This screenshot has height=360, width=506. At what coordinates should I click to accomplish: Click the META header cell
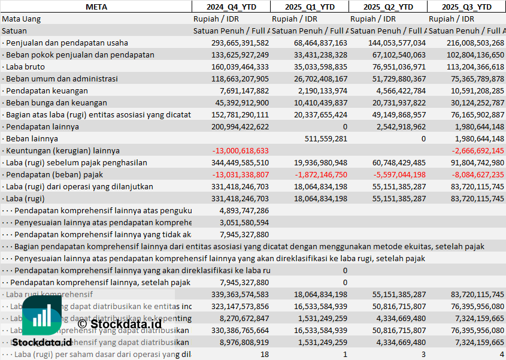pos(96,7)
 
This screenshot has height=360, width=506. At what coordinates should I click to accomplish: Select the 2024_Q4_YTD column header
pos(231,7)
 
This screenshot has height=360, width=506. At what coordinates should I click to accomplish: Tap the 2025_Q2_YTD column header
pos(388,7)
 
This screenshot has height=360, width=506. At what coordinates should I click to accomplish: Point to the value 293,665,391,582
pos(240,43)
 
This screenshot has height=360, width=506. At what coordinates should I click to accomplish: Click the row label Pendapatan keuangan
pos(47,90)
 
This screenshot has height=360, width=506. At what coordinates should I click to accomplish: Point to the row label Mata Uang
pos(21,19)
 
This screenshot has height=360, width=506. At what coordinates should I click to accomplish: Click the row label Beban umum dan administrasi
pos(62,78)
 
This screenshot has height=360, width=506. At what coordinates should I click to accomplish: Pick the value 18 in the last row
pos(265,354)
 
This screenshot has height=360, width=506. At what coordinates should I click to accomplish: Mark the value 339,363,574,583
pos(240,294)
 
